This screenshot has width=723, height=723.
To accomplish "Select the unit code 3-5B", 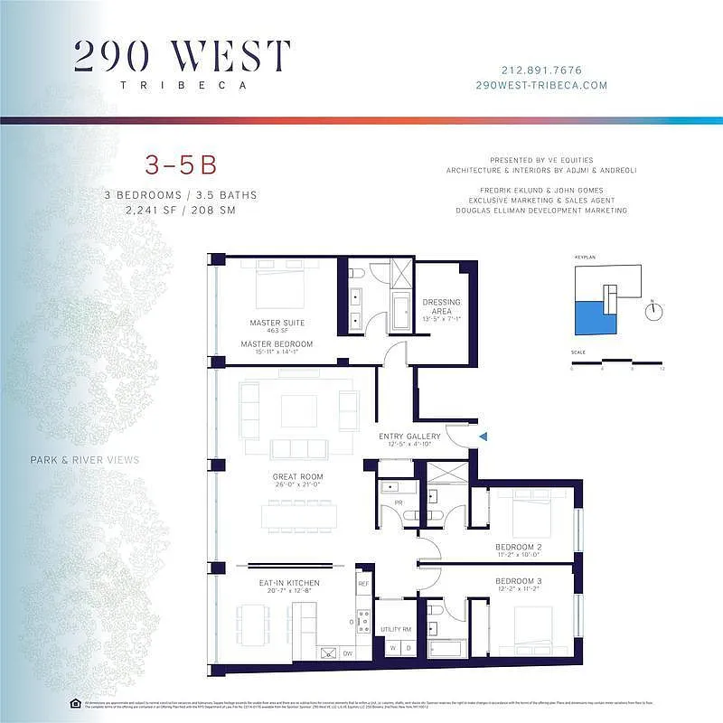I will [x=181, y=165].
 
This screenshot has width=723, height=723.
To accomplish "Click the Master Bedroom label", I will [x=277, y=344].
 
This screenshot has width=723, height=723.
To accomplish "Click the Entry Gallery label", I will [x=409, y=437].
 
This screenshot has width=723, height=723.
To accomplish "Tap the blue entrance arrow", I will [x=483, y=437].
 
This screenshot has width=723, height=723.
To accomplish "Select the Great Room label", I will [x=298, y=476].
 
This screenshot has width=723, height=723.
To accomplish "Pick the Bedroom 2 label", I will [x=518, y=548].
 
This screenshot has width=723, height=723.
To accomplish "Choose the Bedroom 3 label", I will [x=518, y=580].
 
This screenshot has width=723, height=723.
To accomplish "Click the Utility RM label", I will [x=396, y=628].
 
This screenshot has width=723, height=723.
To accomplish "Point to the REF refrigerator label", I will [x=363, y=585].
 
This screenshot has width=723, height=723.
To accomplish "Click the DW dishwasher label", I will [x=347, y=653].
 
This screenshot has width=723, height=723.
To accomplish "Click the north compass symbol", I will [x=653, y=311].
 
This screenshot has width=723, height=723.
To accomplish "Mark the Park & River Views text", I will [x=84, y=460].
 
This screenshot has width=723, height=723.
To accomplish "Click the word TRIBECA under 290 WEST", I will [x=183, y=86].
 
